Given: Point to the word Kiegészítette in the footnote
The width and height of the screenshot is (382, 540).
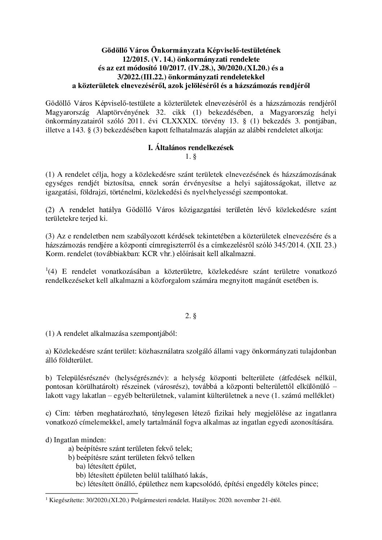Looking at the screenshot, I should point(64,500).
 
